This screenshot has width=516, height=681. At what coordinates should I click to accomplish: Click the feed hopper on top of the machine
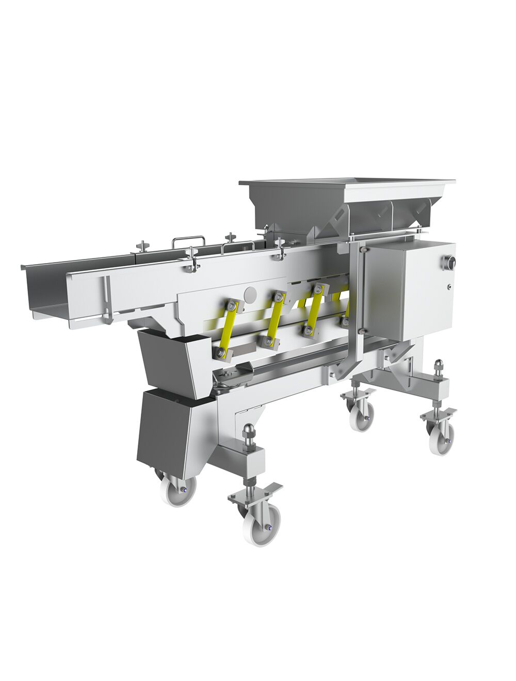point(346,204)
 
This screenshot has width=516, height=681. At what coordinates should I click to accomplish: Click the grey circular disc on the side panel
point(249,295)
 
